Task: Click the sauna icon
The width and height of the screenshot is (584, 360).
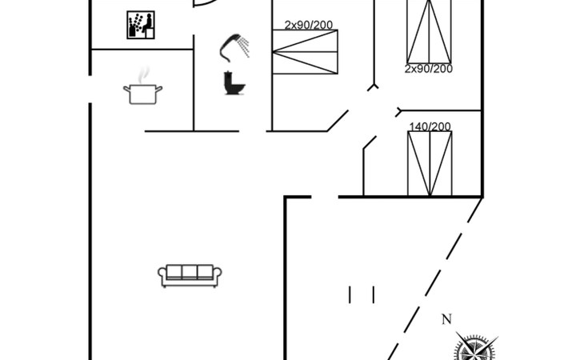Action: (141, 25)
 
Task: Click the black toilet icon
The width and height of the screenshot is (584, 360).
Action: (234, 82)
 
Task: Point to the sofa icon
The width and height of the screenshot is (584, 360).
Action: (190, 275)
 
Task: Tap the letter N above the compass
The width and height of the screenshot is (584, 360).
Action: (446, 319)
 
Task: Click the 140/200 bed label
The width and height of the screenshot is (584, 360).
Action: (430, 126)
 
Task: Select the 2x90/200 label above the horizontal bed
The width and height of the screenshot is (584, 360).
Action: (308, 25)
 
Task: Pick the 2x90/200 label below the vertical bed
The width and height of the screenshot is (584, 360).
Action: (428, 69)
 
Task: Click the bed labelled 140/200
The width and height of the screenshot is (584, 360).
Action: (430, 163)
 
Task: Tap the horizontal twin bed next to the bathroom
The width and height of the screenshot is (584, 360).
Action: (305, 52)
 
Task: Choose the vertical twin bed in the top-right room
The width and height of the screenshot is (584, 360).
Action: (429, 32)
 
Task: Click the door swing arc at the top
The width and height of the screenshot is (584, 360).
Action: (205, 4)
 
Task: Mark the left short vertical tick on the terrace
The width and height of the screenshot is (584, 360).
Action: (350, 295)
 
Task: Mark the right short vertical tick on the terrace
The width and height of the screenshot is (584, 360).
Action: (374, 295)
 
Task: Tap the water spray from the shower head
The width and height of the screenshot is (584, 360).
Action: (243, 46)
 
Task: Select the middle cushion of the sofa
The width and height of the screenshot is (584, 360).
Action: (190, 272)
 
